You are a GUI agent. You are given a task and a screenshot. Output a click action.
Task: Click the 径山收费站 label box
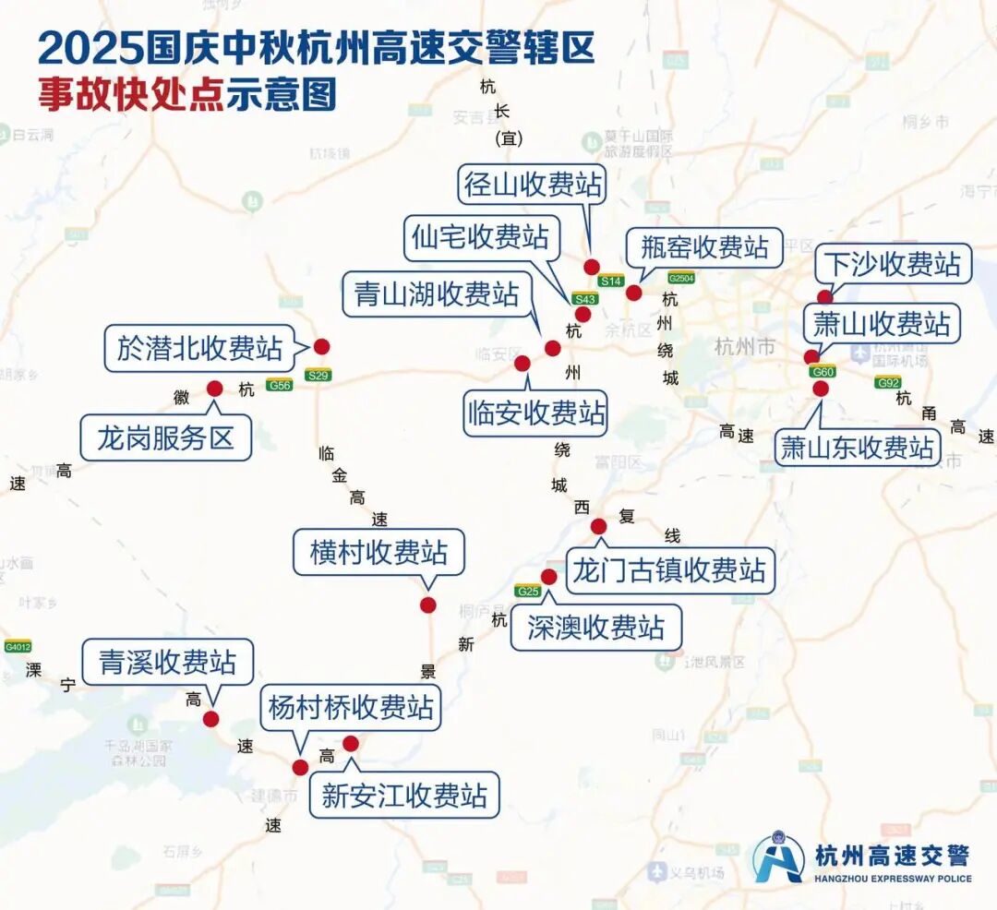533,185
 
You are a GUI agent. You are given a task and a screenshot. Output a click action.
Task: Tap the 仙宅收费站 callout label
479,237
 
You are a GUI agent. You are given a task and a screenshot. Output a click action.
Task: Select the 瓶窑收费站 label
704,247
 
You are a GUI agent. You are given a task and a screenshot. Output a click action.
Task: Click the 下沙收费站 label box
893,265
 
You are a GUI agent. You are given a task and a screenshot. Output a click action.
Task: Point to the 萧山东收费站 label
858,448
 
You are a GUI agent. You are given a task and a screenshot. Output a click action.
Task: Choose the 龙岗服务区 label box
166,437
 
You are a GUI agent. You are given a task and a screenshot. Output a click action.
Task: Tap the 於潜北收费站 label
199,348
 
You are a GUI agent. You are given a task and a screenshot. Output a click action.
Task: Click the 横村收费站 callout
378,553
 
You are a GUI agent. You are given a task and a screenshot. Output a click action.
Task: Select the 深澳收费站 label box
596,628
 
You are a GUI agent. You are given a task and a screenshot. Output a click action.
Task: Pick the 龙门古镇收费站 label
669,570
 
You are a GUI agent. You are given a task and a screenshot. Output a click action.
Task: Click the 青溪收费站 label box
167,662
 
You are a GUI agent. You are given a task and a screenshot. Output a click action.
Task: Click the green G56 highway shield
279,385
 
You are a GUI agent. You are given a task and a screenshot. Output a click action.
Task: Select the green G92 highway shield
888,382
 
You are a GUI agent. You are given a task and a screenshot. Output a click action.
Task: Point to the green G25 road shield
529,591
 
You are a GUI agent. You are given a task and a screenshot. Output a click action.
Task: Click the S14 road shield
611,281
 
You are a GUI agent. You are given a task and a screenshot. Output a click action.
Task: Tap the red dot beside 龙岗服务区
214,389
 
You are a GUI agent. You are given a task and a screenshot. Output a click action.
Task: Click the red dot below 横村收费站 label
427,605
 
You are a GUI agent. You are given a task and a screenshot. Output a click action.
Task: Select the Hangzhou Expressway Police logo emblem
777,858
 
